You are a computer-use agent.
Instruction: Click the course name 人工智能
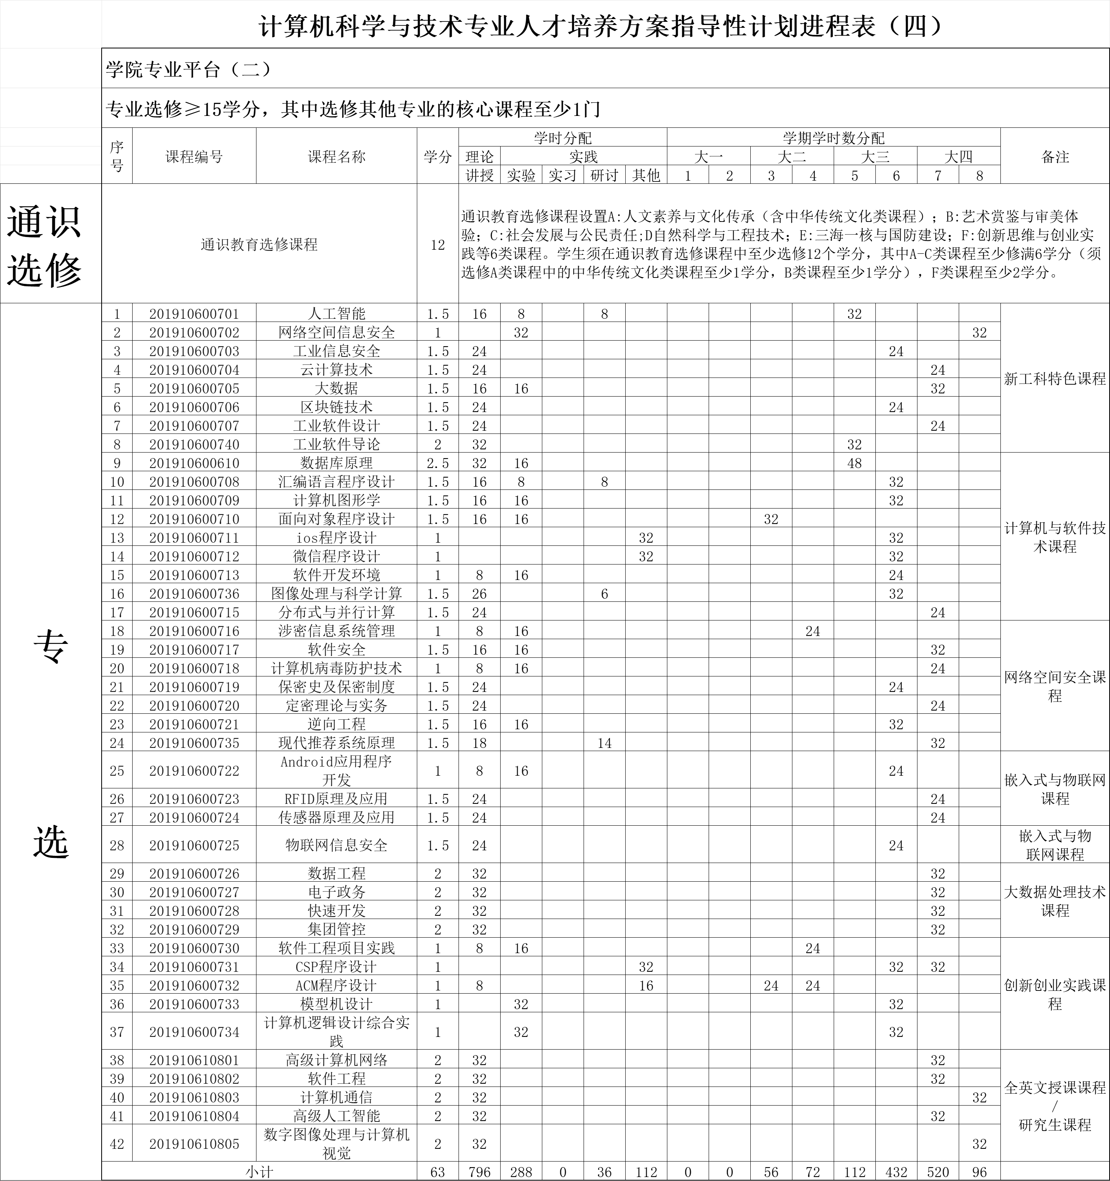click(336, 314)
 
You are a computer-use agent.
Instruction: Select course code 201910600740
click(194, 444)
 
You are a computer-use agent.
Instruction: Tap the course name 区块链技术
click(336, 407)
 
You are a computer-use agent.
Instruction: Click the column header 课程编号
click(194, 157)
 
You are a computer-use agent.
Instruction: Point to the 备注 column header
click(1055, 157)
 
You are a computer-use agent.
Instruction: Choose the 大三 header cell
click(875, 157)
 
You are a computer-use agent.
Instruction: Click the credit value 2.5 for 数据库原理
click(438, 463)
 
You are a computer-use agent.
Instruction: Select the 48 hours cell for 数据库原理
click(854, 463)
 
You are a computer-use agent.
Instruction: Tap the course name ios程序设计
click(336, 538)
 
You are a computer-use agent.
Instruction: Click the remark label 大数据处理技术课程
click(1055, 901)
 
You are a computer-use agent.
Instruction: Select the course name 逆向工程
click(336, 724)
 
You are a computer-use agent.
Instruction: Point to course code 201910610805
click(194, 1144)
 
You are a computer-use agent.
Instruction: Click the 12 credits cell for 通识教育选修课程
click(438, 245)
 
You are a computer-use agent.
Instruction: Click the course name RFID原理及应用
click(336, 798)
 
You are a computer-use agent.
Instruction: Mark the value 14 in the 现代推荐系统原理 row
click(604, 743)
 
